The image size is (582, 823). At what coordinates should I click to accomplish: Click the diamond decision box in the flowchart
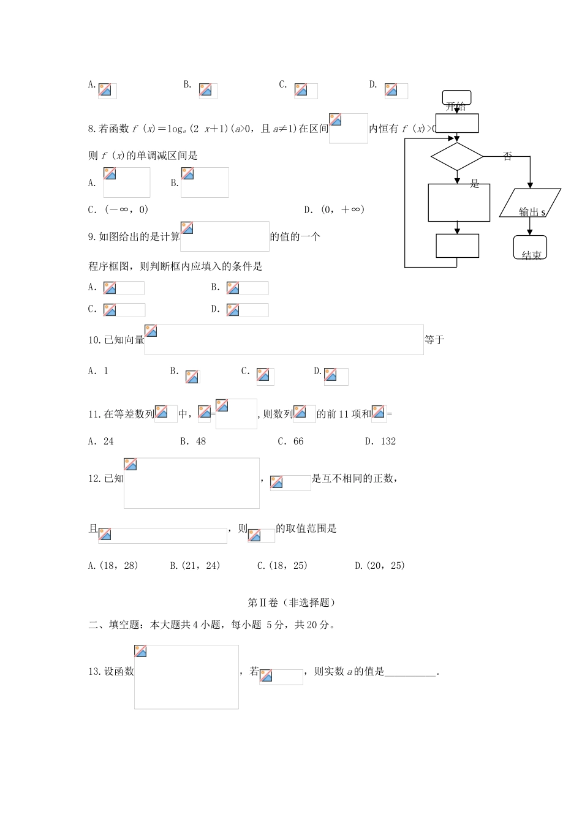click(457, 157)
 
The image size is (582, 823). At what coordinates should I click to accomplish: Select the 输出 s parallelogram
click(530, 203)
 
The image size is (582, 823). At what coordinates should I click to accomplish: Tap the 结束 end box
click(531, 248)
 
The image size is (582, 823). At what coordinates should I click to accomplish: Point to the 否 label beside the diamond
click(507, 157)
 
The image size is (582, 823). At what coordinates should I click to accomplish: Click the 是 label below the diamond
click(475, 183)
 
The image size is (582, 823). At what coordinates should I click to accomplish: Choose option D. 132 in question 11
click(380, 441)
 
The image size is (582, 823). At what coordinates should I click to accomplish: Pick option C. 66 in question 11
click(290, 441)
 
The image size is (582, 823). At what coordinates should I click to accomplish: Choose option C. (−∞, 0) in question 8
click(118, 209)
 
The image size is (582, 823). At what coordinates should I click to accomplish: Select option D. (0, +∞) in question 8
click(334, 209)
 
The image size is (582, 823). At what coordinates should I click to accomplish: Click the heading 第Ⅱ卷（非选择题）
click(292, 603)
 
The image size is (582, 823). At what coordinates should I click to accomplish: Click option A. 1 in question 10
click(98, 371)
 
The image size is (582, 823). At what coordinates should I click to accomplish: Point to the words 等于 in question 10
click(434, 340)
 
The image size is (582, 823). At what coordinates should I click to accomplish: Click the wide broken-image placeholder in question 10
click(284, 340)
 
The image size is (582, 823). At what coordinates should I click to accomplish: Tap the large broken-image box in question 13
click(186, 677)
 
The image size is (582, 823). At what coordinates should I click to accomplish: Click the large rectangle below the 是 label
click(459, 203)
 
